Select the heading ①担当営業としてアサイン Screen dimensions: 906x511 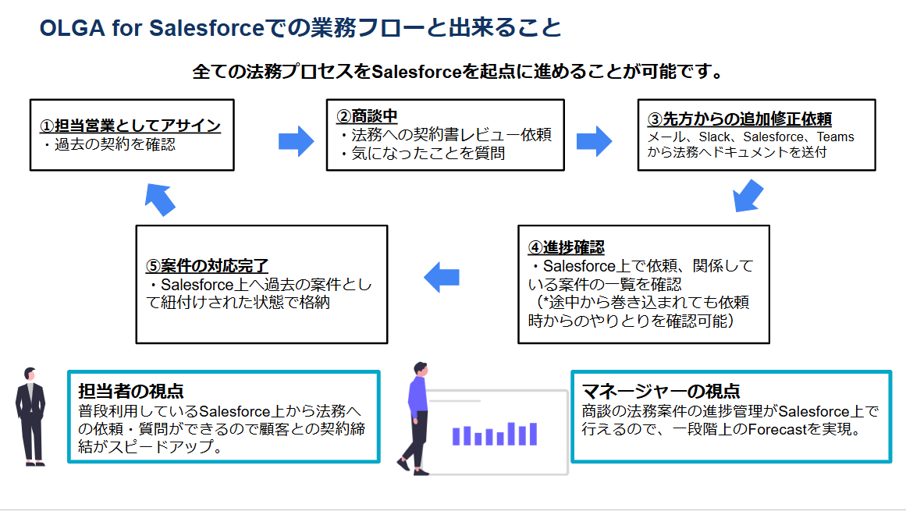(130, 126)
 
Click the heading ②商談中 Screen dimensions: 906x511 (367, 116)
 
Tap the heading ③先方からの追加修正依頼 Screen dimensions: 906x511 (740, 119)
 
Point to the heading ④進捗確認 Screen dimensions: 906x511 (567, 247)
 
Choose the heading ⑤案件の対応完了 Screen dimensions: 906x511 (207, 265)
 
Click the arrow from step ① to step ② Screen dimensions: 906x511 (297, 141)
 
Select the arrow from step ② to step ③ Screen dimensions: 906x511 (595, 141)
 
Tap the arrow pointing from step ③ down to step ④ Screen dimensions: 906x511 (748, 196)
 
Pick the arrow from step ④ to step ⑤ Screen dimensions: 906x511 (442, 277)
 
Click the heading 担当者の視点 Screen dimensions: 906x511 (131, 391)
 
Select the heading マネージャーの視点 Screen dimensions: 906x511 (661, 391)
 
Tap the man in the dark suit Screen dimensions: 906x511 (30, 417)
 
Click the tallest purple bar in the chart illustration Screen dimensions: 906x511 (511, 434)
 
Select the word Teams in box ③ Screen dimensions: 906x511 (836, 137)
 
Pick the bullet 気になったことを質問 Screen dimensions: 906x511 (428, 153)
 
